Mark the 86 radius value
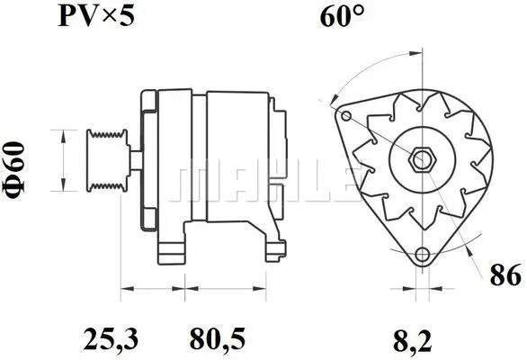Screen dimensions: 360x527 (x=506, y=276)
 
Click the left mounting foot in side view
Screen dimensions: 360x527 (x=170, y=247)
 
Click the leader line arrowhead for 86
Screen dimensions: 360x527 (x=468, y=243)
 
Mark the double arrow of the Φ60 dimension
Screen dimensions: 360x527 (x=63, y=161)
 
